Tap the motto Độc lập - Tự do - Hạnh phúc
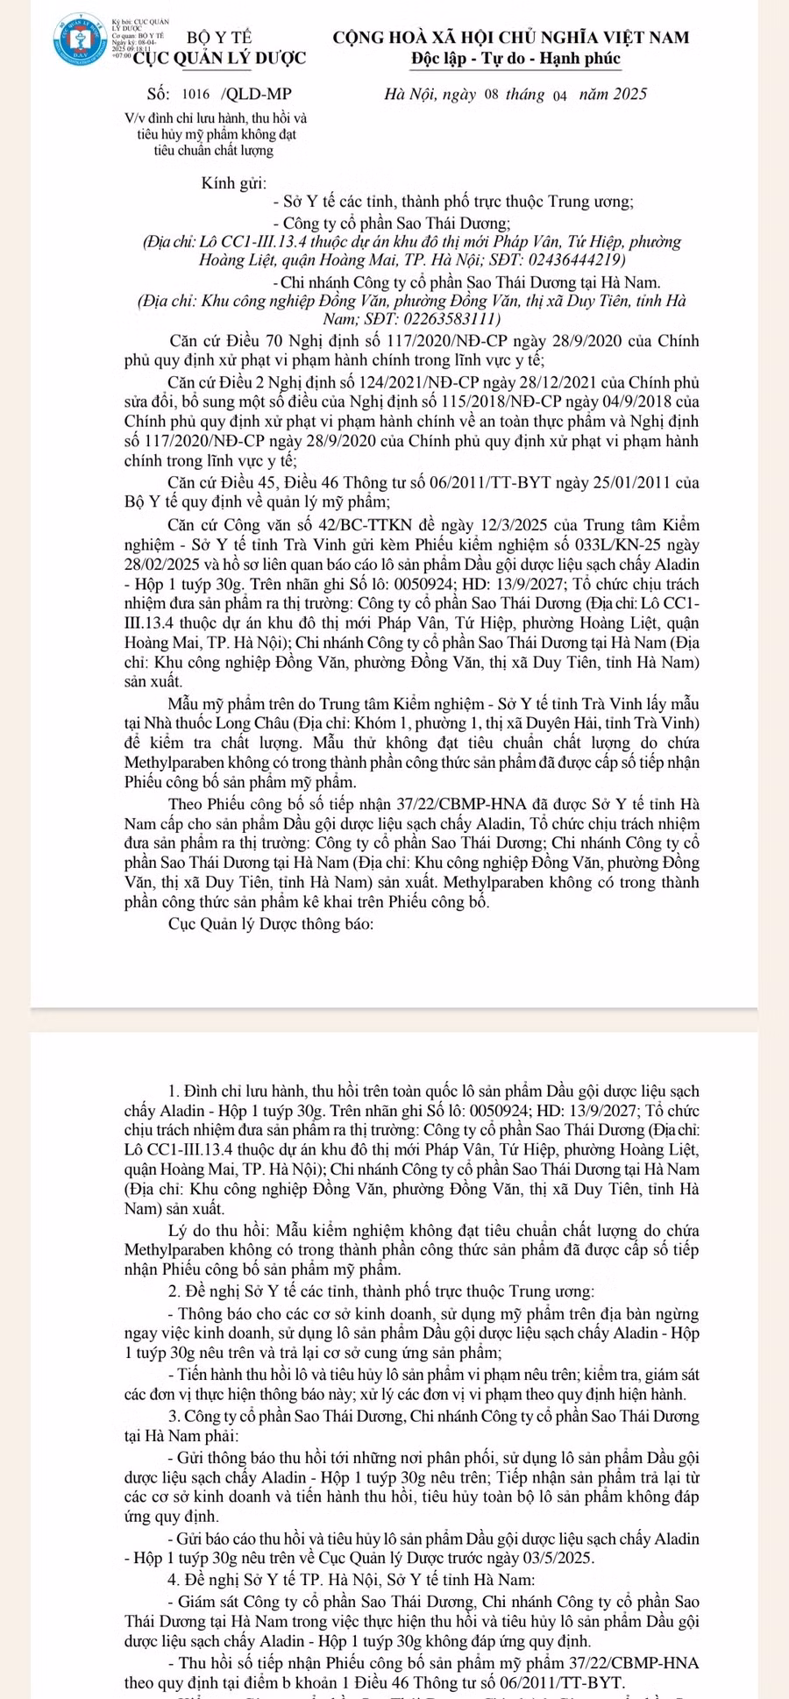[515, 60]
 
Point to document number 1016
[196, 95]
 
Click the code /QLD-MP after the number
[257, 95]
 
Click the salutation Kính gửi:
[233, 183]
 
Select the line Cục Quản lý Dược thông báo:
[271, 924]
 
